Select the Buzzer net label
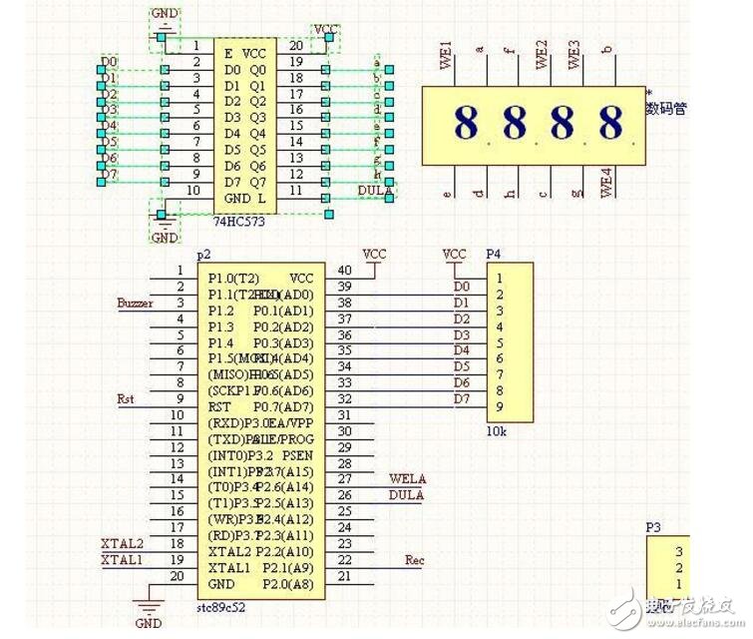pos(135,303)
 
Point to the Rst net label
pos(126,398)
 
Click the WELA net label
pos(406,478)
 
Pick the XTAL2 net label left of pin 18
pos(122,543)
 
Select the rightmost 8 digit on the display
pos(610,124)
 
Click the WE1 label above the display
pos(447,55)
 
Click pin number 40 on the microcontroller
pos(344,271)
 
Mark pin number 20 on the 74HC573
pos(296,46)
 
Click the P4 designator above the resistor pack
pos(493,255)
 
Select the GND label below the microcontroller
pos(149,623)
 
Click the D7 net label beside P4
pos(462,399)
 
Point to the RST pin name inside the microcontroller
pos(219,406)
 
